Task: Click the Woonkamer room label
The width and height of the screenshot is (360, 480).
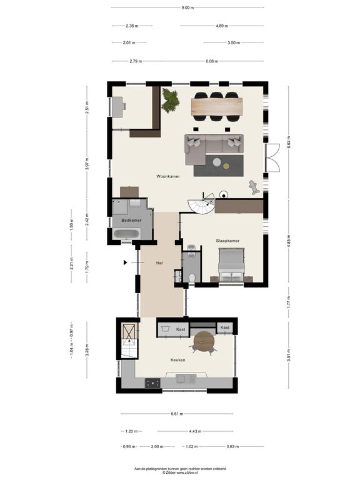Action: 168,176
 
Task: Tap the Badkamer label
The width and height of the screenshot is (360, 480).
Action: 131,220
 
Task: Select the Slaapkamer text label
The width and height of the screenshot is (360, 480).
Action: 227,241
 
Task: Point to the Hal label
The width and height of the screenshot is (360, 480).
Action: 159,263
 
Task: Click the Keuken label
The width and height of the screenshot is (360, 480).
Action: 178,360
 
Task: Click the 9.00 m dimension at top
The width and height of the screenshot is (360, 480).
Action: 187,7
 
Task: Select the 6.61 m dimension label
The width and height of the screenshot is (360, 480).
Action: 177,414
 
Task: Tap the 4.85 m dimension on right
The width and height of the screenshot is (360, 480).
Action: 289,241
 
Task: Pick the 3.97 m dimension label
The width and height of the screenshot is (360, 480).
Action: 87,164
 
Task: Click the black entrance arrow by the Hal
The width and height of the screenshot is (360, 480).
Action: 125,262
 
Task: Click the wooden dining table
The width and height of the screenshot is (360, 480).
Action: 217,106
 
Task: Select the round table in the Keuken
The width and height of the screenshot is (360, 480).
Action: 204,341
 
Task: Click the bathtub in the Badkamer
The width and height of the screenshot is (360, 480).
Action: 126,234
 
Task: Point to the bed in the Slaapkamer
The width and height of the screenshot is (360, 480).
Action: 231,266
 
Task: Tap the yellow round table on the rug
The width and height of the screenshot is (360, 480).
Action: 226,166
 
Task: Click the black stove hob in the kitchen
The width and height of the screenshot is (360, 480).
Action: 152,383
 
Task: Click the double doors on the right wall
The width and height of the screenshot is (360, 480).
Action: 272,158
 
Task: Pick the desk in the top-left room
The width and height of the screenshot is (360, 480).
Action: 119,106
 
